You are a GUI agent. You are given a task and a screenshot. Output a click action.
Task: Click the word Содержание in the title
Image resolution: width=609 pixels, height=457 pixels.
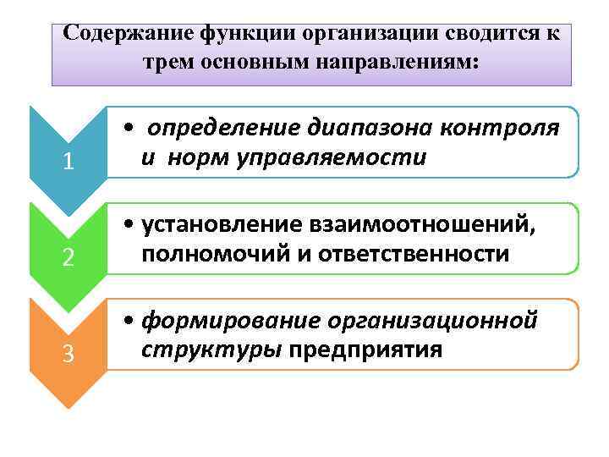pos(128,33)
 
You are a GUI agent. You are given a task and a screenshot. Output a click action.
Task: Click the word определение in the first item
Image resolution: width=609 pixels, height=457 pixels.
pos(216,129)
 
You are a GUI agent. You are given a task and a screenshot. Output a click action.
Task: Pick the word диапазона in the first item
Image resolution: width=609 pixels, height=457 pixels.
pos(358,129)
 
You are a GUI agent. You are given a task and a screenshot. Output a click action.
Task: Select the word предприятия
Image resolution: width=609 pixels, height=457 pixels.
pos(365,350)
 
